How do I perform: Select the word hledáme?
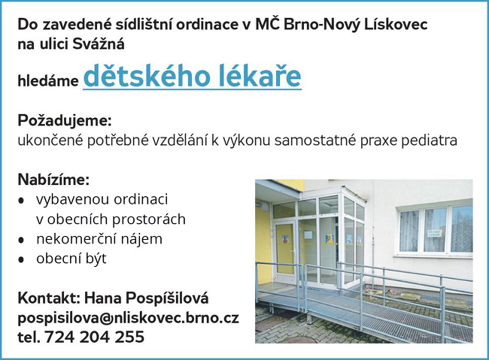pyautogui.click(x=48, y=81)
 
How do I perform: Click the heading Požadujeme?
pyautogui.click(x=65, y=121)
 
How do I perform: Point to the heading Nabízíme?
pyautogui.click(x=53, y=180)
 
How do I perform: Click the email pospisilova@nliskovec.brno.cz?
pyautogui.click(x=129, y=318)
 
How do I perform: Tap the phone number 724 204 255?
pyautogui.click(x=95, y=337)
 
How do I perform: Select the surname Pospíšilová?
pyautogui.click(x=168, y=298)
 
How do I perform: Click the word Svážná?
pyautogui.click(x=99, y=44)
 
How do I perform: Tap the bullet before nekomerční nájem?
pyautogui.click(x=21, y=240)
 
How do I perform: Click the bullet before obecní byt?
pyautogui.click(x=21, y=259)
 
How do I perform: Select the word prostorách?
pyautogui.click(x=149, y=219)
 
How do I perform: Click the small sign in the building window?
pyautogui.click(x=434, y=234)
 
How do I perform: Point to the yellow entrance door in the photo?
pyautogui.click(x=284, y=248)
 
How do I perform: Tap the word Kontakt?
pyautogui.click(x=49, y=298)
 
